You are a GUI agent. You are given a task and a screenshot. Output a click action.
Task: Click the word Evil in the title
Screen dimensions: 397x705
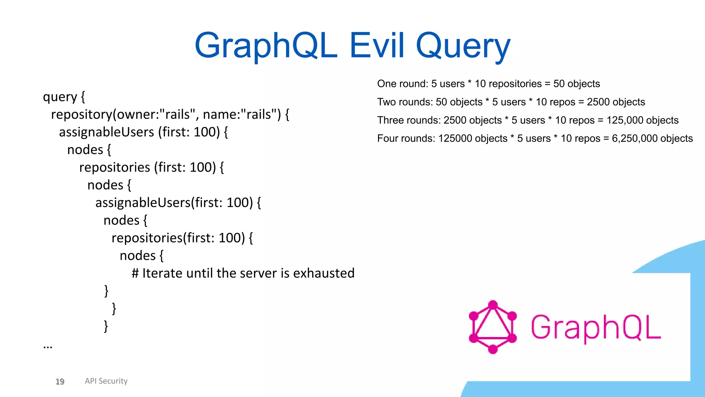377,45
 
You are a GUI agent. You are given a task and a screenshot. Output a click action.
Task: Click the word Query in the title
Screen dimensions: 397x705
463,47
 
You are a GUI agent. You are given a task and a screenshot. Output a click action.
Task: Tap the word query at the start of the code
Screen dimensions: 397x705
60,98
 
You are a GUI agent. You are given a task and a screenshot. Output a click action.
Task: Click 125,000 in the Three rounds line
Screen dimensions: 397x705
623,120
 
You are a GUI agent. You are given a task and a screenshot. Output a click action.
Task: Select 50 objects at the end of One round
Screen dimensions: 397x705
577,84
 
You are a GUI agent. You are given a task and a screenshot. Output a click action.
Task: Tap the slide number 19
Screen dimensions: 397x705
60,381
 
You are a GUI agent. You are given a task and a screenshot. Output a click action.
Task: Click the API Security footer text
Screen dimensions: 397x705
106,381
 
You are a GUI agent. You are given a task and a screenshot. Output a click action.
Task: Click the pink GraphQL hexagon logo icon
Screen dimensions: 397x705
493,327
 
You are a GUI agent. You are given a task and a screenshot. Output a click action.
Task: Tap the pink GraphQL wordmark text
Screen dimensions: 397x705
596,327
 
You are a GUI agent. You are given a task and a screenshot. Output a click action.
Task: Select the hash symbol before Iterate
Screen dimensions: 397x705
135,273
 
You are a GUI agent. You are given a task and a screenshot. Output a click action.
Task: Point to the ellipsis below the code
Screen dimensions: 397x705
48,346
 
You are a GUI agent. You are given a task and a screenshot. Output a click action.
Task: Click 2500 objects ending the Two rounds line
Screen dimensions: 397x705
616,102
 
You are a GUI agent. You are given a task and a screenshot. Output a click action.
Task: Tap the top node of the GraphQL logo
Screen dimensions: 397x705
493,305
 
